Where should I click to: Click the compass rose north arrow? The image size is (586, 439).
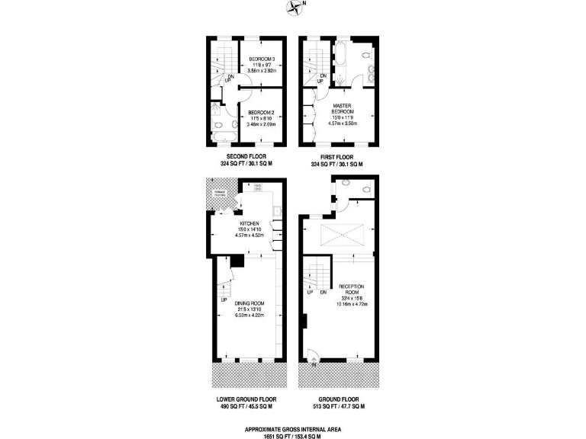coord(294,8)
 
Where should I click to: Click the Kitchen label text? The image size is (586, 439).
coord(249,223)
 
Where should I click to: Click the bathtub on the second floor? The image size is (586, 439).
coord(223,137)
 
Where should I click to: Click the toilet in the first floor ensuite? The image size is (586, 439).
coord(367,56)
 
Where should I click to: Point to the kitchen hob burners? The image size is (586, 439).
coord(258,187)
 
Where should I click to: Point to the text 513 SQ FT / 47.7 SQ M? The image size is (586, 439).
coord(336,407)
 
